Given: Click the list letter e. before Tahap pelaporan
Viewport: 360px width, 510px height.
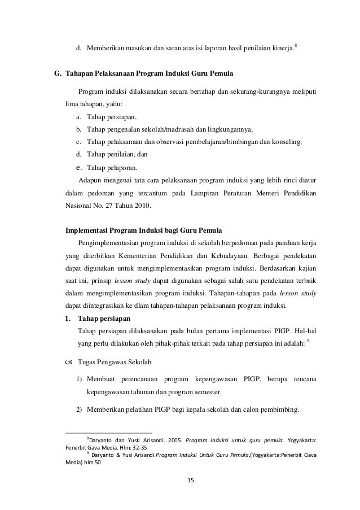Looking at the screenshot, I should click(80, 167).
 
